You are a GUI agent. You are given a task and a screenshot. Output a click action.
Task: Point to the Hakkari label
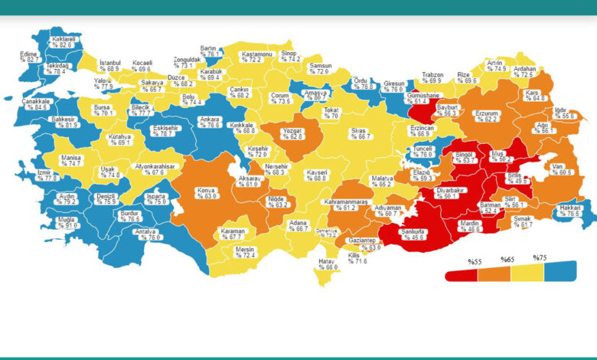point(569,208)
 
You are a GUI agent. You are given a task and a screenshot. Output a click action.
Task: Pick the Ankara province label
point(209,118)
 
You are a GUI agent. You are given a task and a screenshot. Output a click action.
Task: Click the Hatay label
point(327,261)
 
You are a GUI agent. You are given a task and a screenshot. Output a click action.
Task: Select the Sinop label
point(289,52)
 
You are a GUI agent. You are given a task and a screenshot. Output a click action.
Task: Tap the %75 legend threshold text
point(540,258)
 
